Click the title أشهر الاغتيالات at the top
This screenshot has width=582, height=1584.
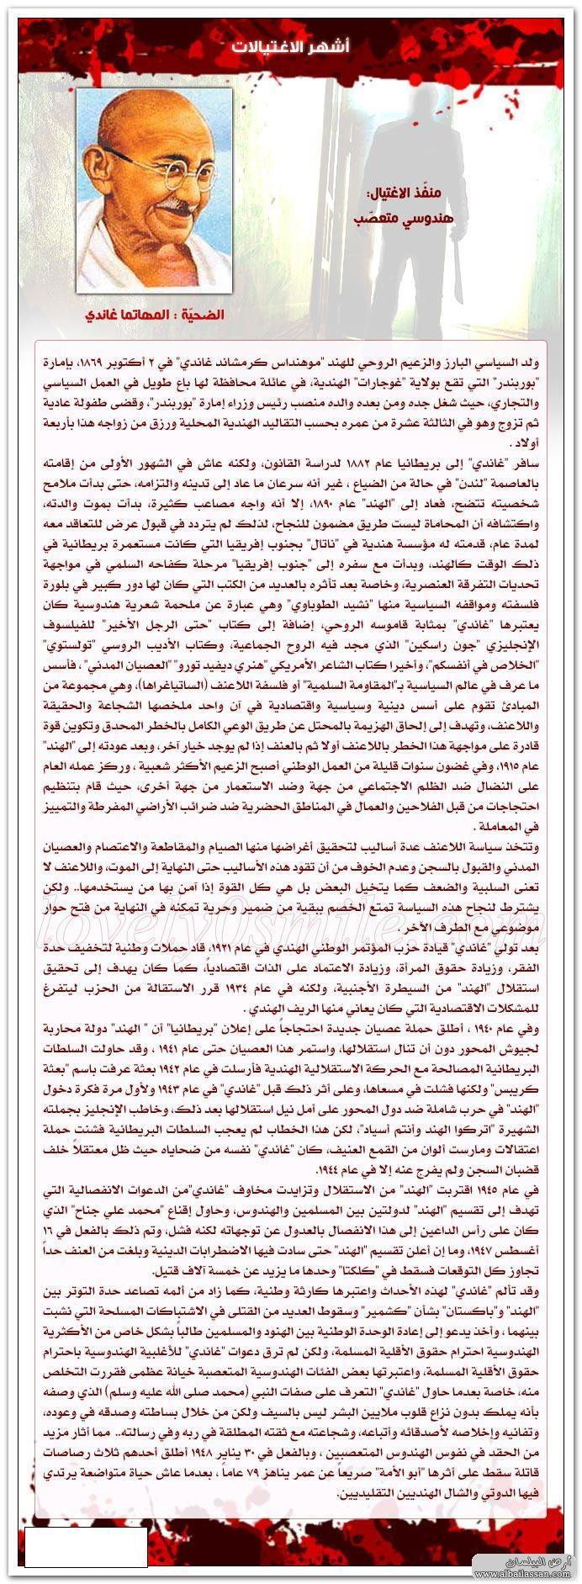point(290,47)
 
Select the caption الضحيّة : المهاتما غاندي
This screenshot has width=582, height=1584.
point(155,315)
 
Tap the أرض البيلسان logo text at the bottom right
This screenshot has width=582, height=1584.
point(555,1558)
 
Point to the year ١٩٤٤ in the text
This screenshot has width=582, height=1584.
point(309,1170)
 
